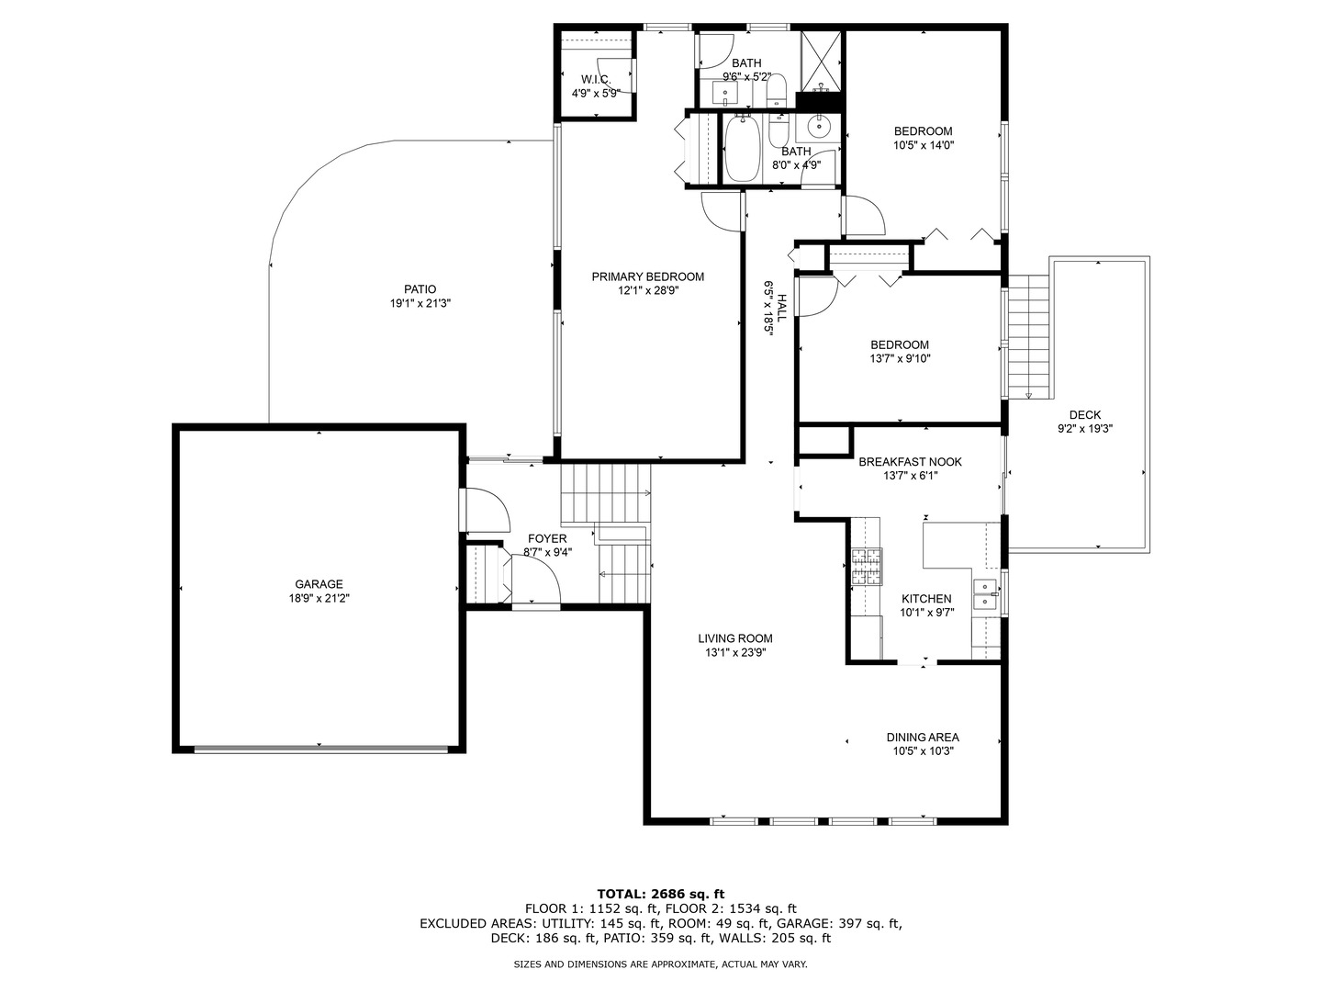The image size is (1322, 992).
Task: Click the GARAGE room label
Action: (319, 584)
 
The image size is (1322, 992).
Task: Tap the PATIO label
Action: (420, 289)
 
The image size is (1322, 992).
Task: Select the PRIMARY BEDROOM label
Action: (647, 277)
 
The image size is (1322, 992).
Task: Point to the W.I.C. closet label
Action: (596, 80)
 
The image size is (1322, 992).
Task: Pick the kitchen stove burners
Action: (866, 566)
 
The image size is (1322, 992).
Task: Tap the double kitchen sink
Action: (985, 594)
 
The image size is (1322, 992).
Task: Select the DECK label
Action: (1085, 415)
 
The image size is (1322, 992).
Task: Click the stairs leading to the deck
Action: (1029, 336)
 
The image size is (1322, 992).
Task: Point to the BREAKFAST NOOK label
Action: (910, 462)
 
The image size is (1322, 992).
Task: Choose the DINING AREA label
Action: (923, 738)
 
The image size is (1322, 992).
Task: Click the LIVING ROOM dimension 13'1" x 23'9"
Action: (735, 652)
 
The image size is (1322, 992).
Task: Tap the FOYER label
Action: (547, 539)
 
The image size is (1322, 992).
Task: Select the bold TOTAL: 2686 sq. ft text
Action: (661, 894)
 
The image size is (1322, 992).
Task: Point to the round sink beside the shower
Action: (819, 127)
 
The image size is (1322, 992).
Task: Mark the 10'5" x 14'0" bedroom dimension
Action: (924, 145)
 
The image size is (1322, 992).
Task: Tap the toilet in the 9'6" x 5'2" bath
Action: (775, 92)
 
